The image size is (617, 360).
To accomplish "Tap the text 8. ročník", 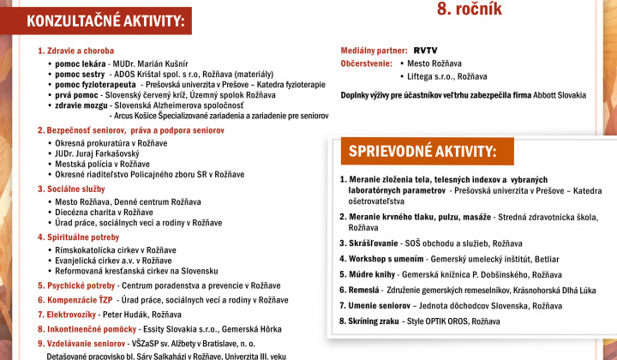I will (x=470, y=9).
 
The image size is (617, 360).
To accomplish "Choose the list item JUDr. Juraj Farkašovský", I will (x=98, y=157).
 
